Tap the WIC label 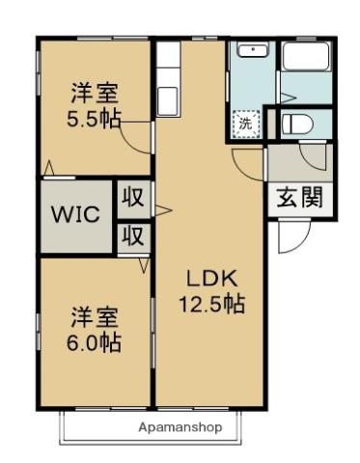(75, 214)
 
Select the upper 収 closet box (133, 199)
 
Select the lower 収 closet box (133, 236)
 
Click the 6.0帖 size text (94, 342)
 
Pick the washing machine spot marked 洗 (245, 123)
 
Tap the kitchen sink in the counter (168, 96)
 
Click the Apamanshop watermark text (180, 426)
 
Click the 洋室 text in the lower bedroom (94, 317)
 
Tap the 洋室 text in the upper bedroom (94, 94)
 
